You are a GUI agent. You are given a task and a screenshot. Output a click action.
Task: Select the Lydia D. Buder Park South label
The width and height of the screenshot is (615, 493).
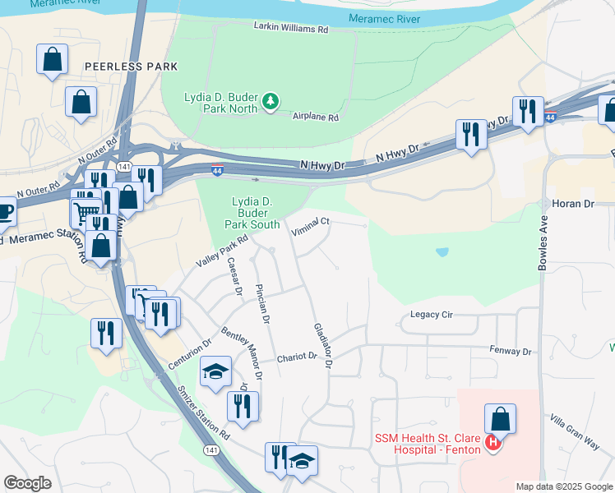pyautogui.click(x=257, y=212)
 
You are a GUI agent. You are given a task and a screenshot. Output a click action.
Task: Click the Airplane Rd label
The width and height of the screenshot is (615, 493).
pyautogui.click(x=316, y=117)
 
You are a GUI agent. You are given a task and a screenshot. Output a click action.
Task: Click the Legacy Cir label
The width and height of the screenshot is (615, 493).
pyautogui.click(x=432, y=315)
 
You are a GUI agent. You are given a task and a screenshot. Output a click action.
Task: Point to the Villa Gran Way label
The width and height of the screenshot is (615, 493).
pyautogui.click(x=575, y=431)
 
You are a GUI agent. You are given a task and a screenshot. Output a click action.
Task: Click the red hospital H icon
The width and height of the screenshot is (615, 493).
pyautogui.click(x=493, y=445)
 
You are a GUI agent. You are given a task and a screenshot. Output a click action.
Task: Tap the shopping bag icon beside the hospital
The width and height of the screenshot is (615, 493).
pyautogui.click(x=500, y=420)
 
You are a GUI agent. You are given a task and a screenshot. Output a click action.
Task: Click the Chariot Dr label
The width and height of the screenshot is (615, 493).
pyautogui.click(x=297, y=357)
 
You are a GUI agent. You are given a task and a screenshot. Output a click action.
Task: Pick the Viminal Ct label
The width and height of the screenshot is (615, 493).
pyautogui.click(x=312, y=222)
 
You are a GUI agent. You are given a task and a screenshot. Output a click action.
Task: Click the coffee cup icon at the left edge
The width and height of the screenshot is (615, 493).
pyautogui.click(x=4, y=211)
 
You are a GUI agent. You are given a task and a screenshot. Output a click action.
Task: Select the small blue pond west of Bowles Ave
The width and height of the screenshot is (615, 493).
pyautogui.click(x=443, y=251)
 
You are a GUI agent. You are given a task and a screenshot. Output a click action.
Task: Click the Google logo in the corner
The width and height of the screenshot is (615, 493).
pyautogui.click(x=27, y=483)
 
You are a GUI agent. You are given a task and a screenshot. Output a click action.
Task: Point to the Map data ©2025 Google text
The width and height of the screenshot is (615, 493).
pyautogui.click(x=563, y=486)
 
